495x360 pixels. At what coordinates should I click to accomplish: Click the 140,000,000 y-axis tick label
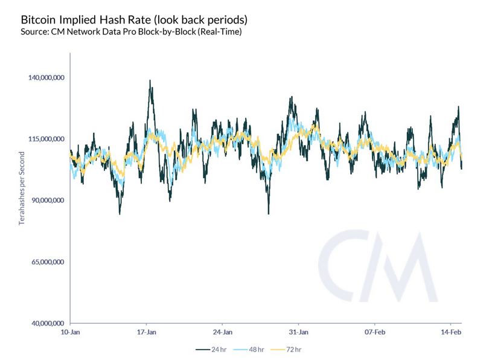pyautogui.click(x=46, y=77)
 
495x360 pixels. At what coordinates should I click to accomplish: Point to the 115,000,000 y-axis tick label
pyautogui.click(x=46, y=139)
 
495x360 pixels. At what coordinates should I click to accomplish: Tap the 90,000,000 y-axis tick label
pyautogui.click(x=47, y=201)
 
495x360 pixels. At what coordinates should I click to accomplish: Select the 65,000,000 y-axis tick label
pyautogui.click(x=47, y=262)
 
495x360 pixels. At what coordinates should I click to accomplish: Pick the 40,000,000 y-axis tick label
pyautogui.click(x=47, y=324)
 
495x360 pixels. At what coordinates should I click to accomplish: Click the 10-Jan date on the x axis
pyautogui.click(x=71, y=332)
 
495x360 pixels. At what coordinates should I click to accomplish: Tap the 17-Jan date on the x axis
pyautogui.click(x=147, y=332)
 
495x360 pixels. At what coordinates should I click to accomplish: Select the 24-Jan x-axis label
pyautogui.click(x=223, y=332)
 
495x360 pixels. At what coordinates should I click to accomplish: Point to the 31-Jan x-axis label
pyautogui.click(x=299, y=332)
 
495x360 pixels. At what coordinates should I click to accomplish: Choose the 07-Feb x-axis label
pyautogui.click(x=375, y=332)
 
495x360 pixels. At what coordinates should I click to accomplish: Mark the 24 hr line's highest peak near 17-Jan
pyautogui.click(x=150, y=80)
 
